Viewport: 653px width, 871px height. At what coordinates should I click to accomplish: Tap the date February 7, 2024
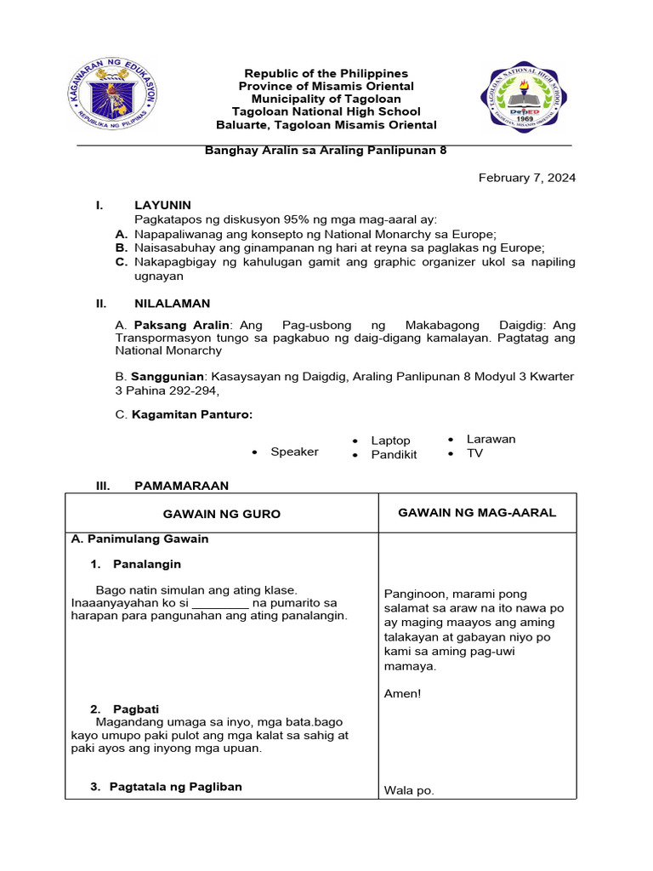click(526, 178)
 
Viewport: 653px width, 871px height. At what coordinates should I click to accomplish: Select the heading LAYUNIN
click(162, 205)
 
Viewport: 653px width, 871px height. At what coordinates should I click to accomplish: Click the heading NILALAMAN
click(172, 304)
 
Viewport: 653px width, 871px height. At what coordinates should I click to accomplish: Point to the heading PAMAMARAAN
click(181, 486)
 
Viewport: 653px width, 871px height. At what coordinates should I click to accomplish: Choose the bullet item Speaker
click(294, 452)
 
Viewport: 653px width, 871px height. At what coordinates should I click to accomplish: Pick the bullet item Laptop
click(390, 441)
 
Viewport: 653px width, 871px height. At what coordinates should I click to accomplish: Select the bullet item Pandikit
click(394, 455)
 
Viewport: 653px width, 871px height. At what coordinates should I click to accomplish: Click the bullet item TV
click(474, 453)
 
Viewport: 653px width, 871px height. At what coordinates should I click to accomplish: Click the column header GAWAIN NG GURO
click(221, 514)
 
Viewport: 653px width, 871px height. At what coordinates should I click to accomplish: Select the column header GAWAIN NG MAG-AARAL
click(477, 512)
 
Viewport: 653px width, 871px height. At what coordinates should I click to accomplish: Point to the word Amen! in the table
click(402, 694)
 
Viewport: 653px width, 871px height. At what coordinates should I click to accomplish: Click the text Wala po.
click(409, 790)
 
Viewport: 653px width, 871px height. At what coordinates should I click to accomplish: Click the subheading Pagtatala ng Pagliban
click(175, 787)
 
